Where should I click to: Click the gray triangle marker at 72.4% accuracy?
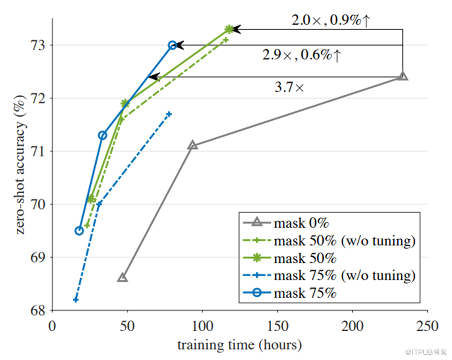click(x=402, y=76)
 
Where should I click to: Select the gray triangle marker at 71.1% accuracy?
click(x=192, y=145)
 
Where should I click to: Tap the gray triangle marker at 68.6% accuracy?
click(x=122, y=277)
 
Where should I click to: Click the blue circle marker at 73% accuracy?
click(x=172, y=45)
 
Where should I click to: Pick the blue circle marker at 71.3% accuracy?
click(x=102, y=135)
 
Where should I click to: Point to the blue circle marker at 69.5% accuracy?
click(x=79, y=230)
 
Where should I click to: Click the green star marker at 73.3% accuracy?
click(x=229, y=29)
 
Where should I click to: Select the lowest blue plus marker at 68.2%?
click(x=76, y=299)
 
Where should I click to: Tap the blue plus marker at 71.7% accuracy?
click(x=169, y=113)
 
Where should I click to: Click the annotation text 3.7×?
click(x=289, y=88)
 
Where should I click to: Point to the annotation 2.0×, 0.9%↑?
click(x=331, y=21)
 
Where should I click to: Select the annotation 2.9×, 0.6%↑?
click(x=302, y=56)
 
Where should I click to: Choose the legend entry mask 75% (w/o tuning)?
click(x=344, y=275)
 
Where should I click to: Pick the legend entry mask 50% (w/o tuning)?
click(x=344, y=241)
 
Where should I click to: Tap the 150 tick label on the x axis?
click(x=277, y=326)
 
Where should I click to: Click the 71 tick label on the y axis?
click(x=40, y=152)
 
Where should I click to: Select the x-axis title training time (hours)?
click(x=239, y=345)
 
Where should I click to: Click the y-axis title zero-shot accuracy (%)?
click(x=20, y=165)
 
